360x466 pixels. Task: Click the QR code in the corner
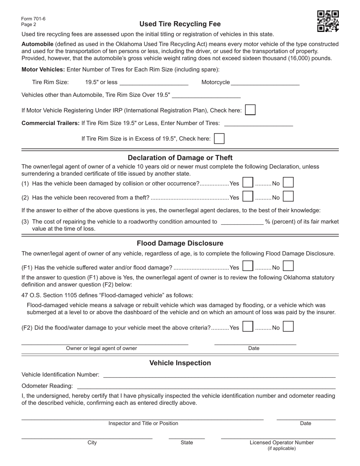click(328, 21)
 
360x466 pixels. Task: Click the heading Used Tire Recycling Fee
click(180, 24)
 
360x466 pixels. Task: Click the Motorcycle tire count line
click(265, 83)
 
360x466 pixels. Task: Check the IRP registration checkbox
click(250, 110)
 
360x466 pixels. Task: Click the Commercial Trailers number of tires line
click(258, 123)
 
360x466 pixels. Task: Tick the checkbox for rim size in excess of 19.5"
click(219, 139)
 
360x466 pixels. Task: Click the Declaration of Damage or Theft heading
click(180, 158)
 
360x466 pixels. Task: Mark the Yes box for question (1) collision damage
click(248, 183)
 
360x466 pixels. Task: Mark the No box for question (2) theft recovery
click(288, 197)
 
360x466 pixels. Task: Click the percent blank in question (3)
click(242, 222)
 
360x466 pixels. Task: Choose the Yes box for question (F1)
click(248, 267)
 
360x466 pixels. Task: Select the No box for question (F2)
click(288, 327)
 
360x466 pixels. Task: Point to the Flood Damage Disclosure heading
click(180, 243)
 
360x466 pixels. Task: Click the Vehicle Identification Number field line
click(219, 375)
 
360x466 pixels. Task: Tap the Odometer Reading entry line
click(206, 386)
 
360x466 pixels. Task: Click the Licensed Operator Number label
click(282, 443)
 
